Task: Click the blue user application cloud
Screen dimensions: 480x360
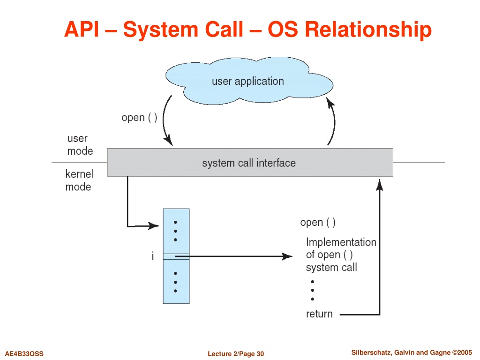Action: point(249,81)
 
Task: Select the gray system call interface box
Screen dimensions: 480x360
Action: point(250,162)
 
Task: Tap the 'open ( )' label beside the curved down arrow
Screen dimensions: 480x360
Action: point(139,118)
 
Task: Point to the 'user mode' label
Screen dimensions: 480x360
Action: point(80,144)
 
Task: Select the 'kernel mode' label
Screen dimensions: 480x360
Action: point(79,180)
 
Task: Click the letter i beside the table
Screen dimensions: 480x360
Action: point(153,256)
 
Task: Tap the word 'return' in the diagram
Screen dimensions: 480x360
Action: point(319,314)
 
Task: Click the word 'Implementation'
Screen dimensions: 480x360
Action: point(341,242)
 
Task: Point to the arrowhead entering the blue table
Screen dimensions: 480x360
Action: point(153,226)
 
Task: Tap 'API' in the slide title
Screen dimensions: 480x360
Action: point(82,30)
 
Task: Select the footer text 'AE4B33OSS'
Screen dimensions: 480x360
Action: point(24,354)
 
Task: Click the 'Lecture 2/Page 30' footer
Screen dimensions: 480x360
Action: point(236,354)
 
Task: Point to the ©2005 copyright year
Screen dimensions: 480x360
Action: point(462,352)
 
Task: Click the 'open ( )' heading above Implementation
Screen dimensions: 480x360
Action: point(318,223)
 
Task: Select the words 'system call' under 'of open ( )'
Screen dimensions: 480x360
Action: point(331,267)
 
